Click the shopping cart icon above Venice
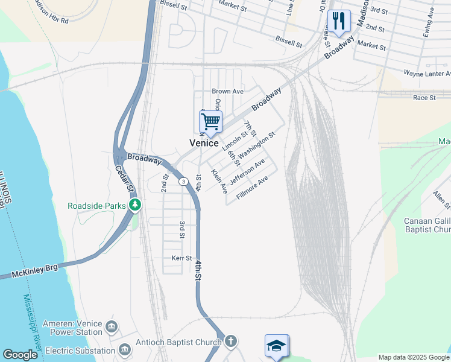211,121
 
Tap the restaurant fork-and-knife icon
339,21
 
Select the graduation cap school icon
277,345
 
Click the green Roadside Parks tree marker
136,206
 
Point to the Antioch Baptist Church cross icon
230,342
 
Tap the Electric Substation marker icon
125,350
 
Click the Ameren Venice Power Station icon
112,327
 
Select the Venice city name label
204,143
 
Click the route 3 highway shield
182,182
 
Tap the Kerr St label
180,258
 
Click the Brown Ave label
227,91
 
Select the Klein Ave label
219,181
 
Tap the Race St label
424,97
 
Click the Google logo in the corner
20,355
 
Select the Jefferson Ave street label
247,172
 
